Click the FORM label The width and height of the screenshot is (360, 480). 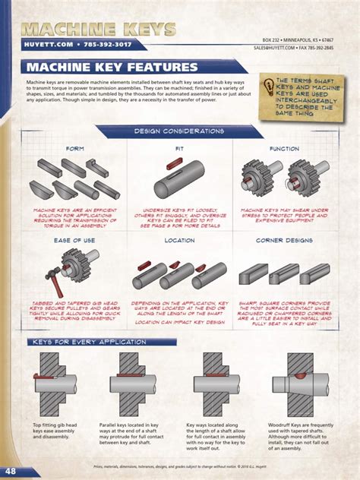tap(74, 149)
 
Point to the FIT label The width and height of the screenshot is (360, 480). tap(179, 149)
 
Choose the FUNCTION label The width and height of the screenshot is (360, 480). tap(284, 149)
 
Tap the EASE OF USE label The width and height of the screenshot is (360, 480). tap(74, 240)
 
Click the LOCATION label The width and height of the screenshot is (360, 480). tap(179, 240)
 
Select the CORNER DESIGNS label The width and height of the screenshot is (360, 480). tap(284, 240)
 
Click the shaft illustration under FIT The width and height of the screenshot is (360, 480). tap(179, 182)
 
